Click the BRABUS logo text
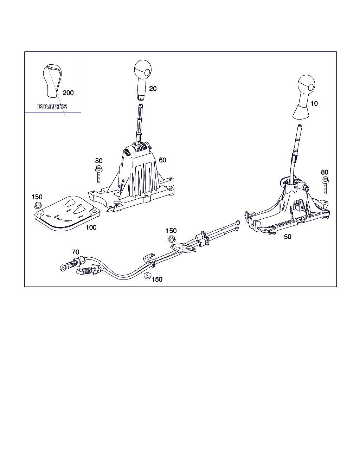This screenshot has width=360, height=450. (x=52, y=107)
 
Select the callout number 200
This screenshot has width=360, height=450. (x=68, y=93)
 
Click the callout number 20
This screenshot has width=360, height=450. (x=153, y=89)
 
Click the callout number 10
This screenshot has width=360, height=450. (x=314, y=103)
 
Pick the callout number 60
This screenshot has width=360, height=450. (x=162, y=160)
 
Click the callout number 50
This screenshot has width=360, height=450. (x=288, y=237)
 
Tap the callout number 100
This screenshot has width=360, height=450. (x=91, y=227)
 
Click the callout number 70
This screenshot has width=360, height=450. (x=76, y=252)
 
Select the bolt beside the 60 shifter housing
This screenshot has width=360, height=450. (x=98, y=174)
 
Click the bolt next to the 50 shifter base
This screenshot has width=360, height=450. (x=325, y=185)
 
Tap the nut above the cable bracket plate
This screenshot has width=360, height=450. (x=172, y=239)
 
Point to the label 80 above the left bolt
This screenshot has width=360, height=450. (x=99, y=161)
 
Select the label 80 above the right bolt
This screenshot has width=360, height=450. (x=324, y=172)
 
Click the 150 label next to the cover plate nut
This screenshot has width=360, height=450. (x=37, y=197)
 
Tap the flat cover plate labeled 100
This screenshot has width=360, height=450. (x=67, y=213)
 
